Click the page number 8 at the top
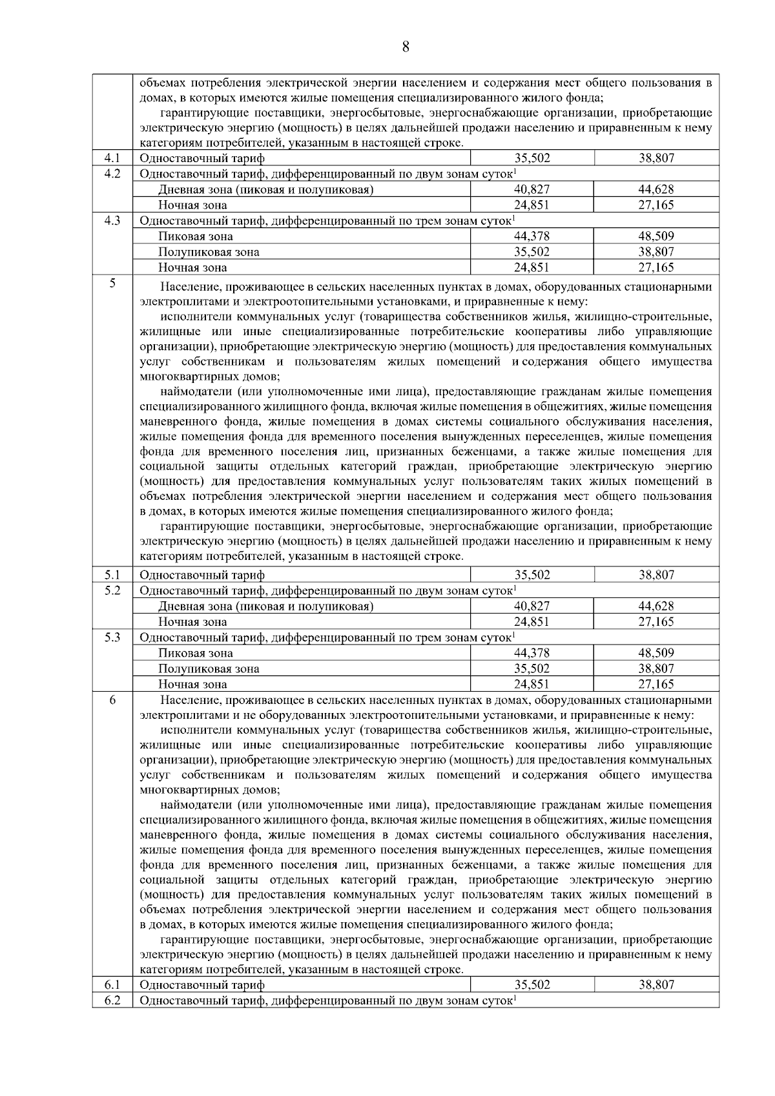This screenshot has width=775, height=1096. [x=405, y=47]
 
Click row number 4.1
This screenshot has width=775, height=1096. [x=112, y=158]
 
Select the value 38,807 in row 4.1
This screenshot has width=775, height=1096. [x=656, y=158]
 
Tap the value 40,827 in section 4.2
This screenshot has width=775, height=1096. [x=532, y=189]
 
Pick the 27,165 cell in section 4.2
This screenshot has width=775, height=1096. [x=656, y=205]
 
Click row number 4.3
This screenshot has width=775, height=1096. [x=112, y=220]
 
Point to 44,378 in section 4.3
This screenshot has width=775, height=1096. [x=532, y=236]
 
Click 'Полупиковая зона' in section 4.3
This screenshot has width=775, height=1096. [x=209, y=252]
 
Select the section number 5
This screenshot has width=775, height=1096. [x=112, y=283]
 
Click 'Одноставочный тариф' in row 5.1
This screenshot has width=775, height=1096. [x=202, y=575]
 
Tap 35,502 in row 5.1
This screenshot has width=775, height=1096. [x=532, y=575]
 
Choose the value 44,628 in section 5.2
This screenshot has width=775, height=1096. [x=656, y=606]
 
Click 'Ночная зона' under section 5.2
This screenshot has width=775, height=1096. [x=192, y=622]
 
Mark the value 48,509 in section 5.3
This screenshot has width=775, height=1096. [x=656, y=653]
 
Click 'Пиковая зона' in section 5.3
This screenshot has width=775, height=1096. [x=196, y=653]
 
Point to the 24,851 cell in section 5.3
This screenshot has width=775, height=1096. [x=532, y=684]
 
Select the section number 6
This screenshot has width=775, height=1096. [x=112, y=700]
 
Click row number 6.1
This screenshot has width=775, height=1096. [x=112, y=985]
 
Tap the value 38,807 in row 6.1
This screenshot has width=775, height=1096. [x=656, y=985]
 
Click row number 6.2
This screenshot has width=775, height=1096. [x=112, y=1000]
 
